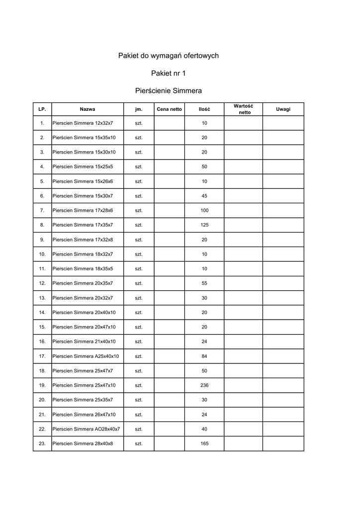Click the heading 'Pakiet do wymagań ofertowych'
168,56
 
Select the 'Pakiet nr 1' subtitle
168,74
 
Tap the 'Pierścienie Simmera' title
168,91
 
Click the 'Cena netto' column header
169,109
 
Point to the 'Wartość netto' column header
243,109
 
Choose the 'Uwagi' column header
283,109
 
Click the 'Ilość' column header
204,109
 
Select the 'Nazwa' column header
88,109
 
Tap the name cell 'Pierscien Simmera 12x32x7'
83,123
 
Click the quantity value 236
204,385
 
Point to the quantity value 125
204,225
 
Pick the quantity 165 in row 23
204,443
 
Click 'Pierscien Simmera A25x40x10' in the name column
86,356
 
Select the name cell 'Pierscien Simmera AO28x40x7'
86,429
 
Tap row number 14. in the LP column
42,313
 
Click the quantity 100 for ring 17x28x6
204,211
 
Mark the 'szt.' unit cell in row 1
139,123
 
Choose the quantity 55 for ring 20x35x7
204,283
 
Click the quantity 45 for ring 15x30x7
204,196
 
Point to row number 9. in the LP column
42,240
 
